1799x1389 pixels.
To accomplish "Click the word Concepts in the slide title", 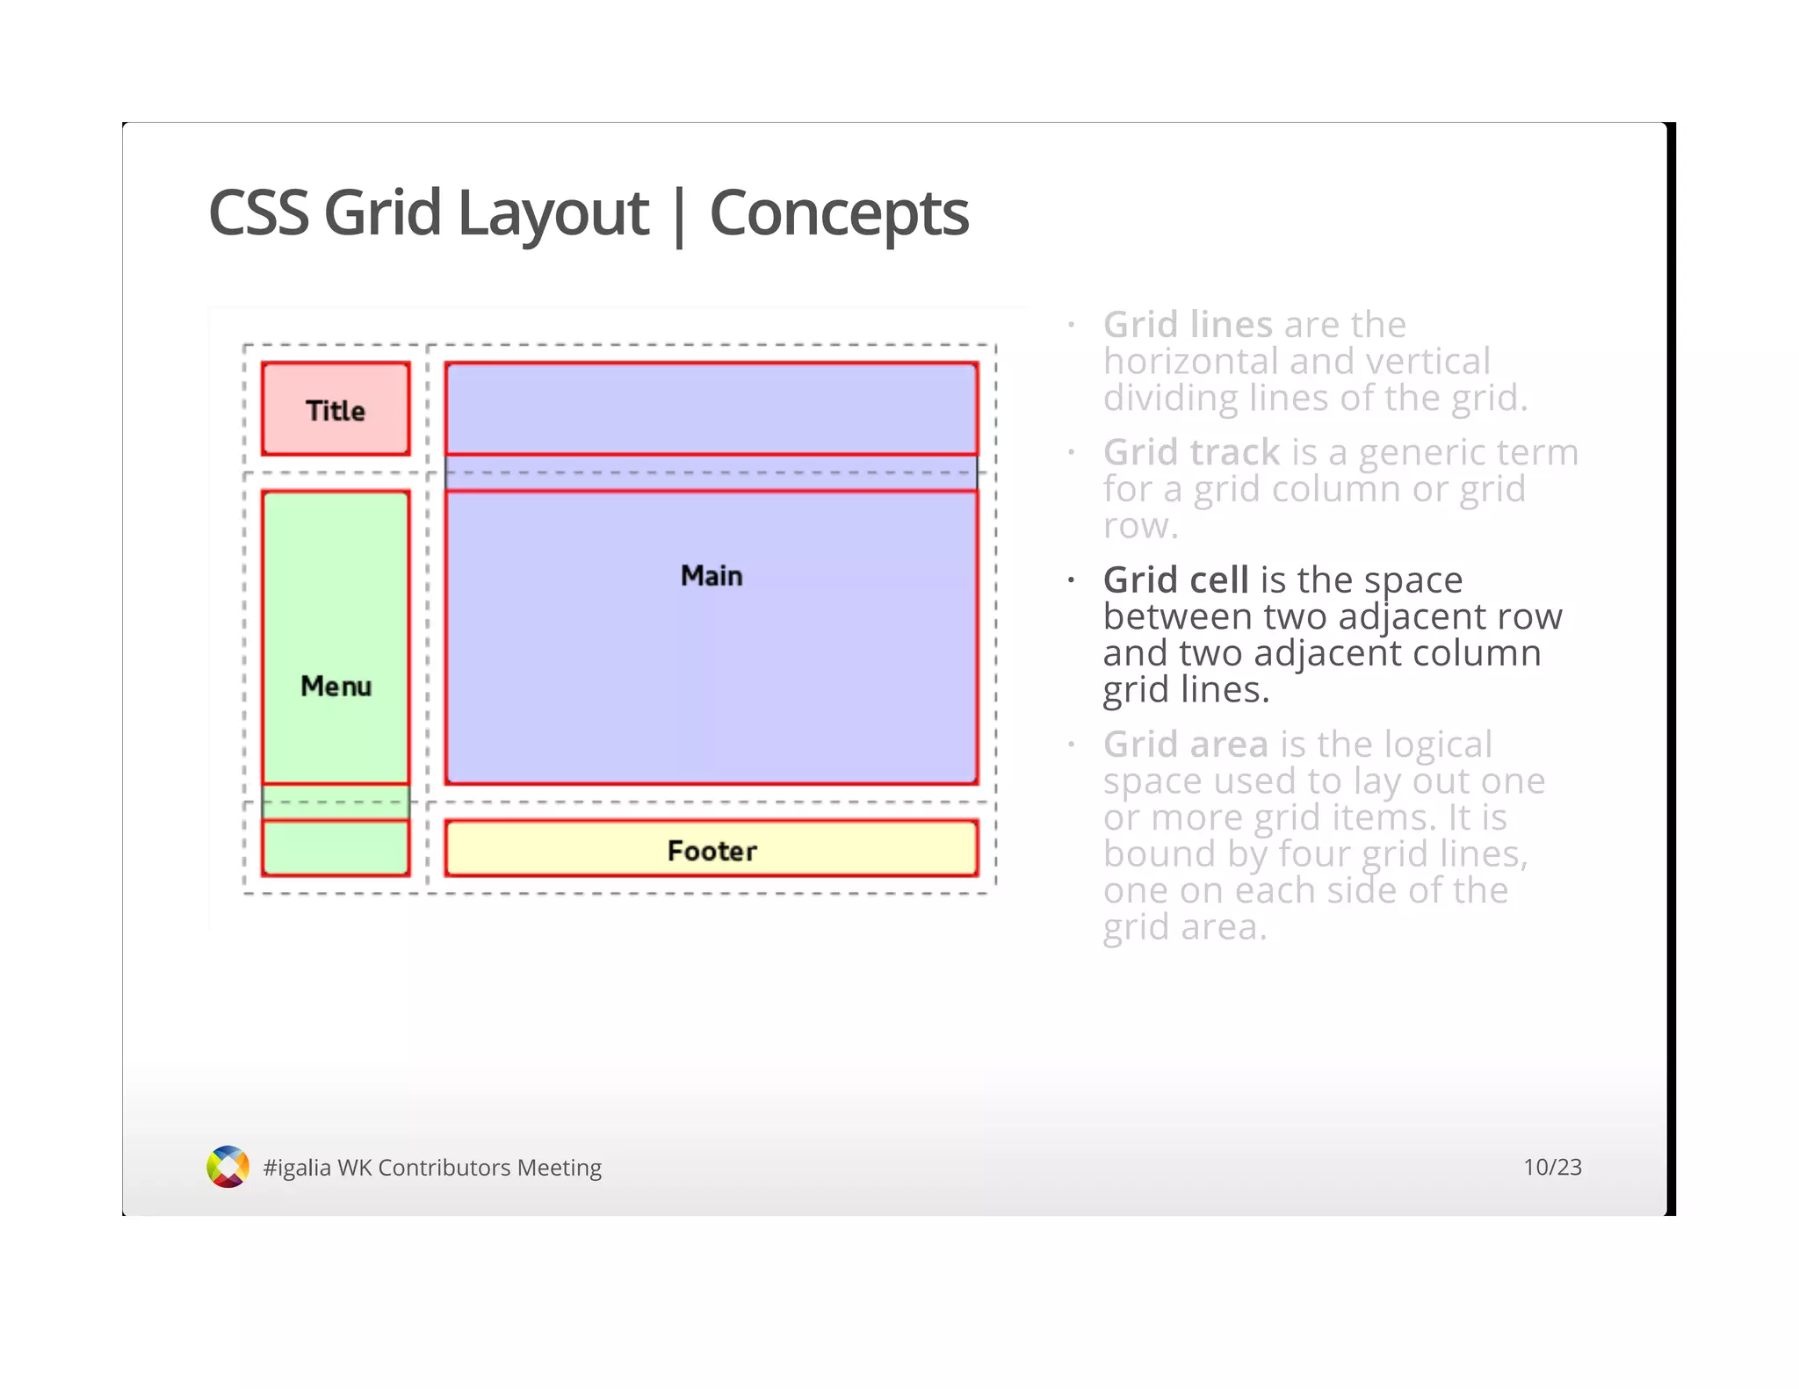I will click(x=838, y=213).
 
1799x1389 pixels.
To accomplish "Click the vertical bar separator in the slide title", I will click(x=678, y=215).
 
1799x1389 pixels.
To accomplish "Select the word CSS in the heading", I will click(x=258, y=213).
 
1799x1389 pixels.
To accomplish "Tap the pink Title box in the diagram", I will click(x=336, y=409).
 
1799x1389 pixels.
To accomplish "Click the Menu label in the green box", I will click(x=336, y=686).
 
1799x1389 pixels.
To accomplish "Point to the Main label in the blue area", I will click(x=711, y=576).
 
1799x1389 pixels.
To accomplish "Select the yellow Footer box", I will click(x=711, y=849).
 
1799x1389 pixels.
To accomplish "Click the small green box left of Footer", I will click(x=336, y=848).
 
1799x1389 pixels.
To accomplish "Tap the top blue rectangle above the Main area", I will click(x=711, y=407).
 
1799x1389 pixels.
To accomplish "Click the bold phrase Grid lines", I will click(x=1187, y=325).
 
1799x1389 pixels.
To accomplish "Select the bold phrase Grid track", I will click(x=1191, y=453).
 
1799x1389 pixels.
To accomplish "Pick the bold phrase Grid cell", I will click(x=1175, y=580).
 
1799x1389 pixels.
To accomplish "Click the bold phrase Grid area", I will click(x=1185, y=745).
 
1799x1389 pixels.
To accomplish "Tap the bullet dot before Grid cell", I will click(x=1071, y=580).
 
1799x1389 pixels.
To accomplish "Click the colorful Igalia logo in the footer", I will click(x=228, y=1167).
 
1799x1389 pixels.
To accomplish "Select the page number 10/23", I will click(x=1551, y=1167).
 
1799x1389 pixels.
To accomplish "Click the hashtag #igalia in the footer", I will click(x=297, y=1168).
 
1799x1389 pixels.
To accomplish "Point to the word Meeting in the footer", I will click(x=559, y=1168).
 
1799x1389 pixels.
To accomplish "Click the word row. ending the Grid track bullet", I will click(x=1139, y=527).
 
